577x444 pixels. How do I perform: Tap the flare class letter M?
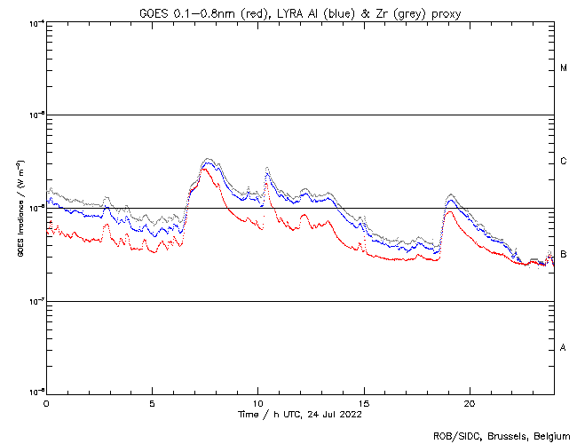click(564, 68)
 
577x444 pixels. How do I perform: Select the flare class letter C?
click(564, 162)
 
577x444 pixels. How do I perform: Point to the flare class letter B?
click(564, 255)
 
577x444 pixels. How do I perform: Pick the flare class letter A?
click(564, 348)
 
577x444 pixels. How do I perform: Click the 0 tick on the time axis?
click(46, 403)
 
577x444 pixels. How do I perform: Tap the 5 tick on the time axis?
click(152, 403)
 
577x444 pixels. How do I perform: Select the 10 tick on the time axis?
click(257, 403)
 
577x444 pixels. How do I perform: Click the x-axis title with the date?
click(300, 414)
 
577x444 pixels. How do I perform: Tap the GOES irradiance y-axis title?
click(19, 208)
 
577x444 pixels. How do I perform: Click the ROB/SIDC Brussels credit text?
click(501, 435)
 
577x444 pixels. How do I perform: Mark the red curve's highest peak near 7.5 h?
click(205, 168)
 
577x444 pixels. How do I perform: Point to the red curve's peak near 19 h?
click(450, 211)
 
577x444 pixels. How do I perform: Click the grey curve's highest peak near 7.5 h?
click(207, 159)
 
